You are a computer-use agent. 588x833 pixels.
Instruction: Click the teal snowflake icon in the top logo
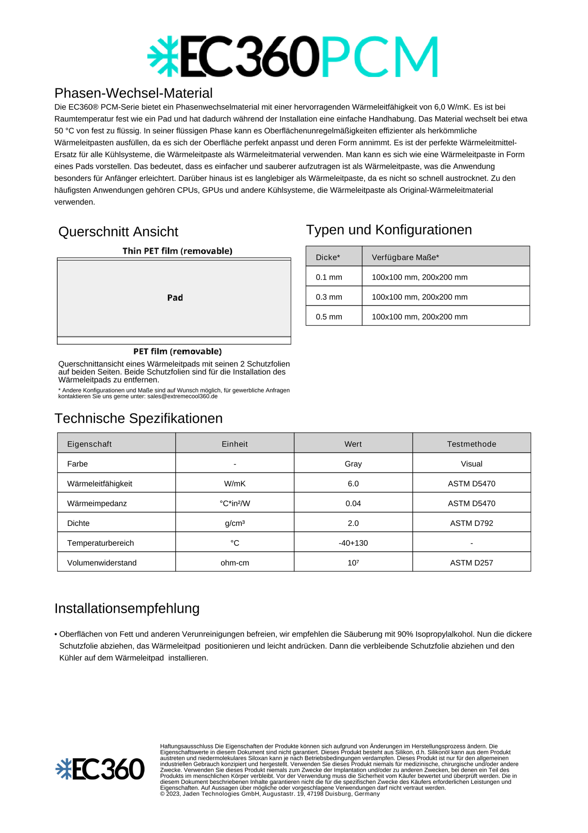tap(163, 57)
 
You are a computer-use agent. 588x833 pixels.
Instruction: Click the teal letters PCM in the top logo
tap(380, 57)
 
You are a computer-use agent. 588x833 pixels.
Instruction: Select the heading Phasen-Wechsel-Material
tap(133, 93)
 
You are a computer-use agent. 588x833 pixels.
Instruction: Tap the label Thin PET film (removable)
tap(178, 251)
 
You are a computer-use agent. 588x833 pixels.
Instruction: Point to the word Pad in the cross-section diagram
tap(175, 298)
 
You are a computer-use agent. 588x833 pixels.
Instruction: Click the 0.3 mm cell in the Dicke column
tap(329, 297)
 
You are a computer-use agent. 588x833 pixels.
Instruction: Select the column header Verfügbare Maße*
tap(405, 257)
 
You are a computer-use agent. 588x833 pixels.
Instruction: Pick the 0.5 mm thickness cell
tap(329, 317)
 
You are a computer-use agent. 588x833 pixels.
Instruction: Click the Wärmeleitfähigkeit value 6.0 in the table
tap(353, 484)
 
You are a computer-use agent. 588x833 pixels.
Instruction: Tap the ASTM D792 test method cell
tap(471, 523)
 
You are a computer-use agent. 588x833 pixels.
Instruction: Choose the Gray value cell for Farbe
tap(353, 464)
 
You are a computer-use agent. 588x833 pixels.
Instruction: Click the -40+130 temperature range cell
tap(353, 543)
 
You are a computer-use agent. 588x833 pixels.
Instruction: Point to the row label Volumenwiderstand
tap(102, 563)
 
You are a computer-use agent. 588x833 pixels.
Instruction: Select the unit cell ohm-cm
tap(235, 563)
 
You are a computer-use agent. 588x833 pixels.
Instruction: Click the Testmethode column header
tap(471, 444)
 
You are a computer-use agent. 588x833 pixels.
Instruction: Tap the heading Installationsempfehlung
tap(127, 608)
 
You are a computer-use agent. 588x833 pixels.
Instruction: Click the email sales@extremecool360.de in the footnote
tap(182, 396)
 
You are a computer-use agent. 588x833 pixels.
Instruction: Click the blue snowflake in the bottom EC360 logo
tap(63, 769)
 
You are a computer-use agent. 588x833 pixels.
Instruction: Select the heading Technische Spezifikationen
tap(139, 419)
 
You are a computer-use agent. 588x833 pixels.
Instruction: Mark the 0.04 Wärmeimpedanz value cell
tap(353, 504)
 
